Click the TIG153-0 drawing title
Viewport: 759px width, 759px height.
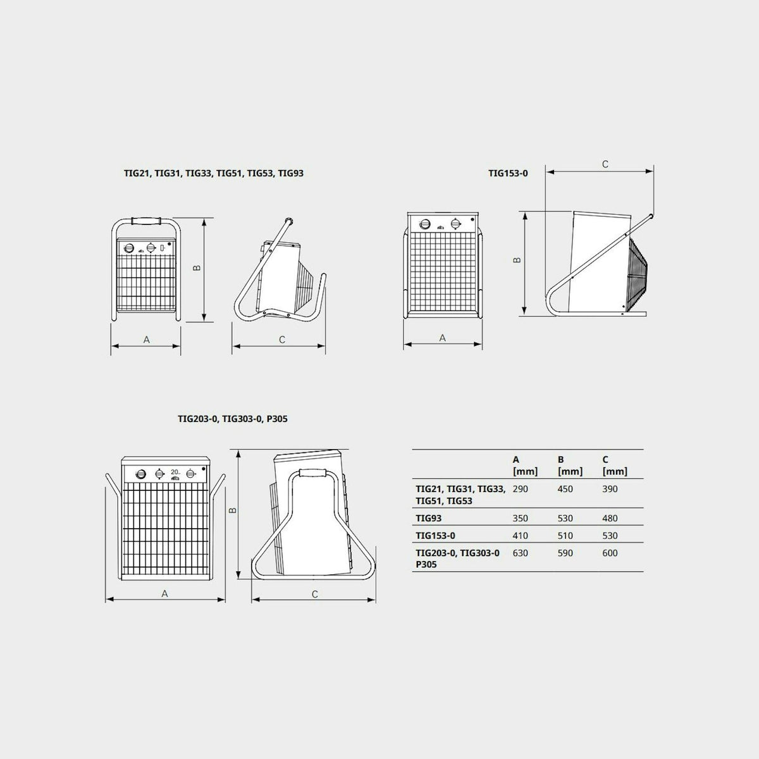[x=508, y=173]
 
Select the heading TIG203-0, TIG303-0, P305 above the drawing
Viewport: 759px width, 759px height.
[x=232, y=419]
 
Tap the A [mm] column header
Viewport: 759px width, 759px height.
[x=525, y=465]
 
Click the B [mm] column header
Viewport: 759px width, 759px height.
[x=570, y=465]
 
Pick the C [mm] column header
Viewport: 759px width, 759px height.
[x=615, y=465]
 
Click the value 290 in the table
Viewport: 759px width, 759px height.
[x=521, y=489]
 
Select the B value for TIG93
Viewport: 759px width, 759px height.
[x=565, y=519]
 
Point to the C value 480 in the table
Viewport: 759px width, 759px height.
[x=610, y=519]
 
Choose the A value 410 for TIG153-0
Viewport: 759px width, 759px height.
[x=521, y=536]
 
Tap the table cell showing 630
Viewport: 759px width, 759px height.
[x=521, y=553]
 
